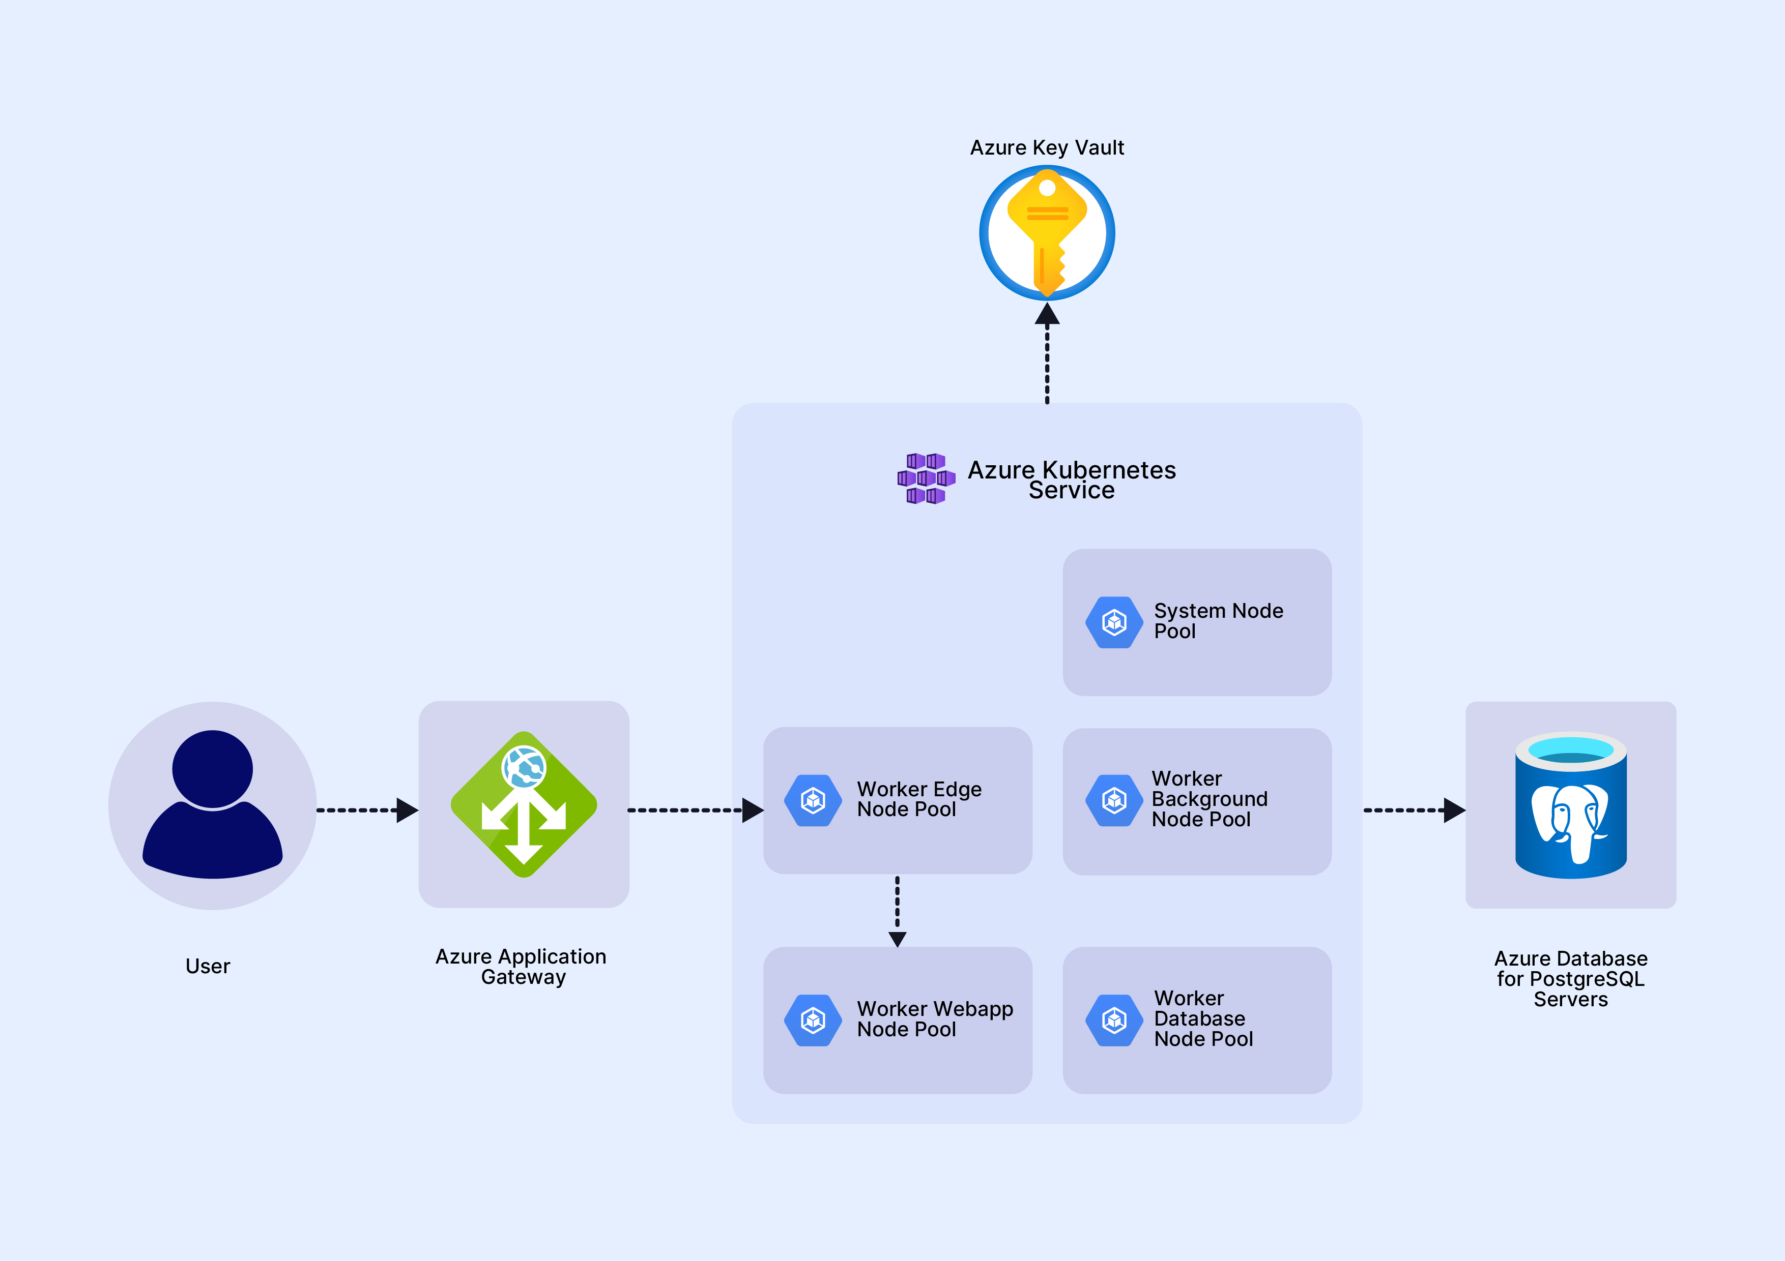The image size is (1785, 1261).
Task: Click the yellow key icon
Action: pos(1047,233)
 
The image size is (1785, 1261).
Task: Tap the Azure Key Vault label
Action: pos(1047,147)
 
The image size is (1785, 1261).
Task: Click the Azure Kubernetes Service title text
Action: pos(1071,479)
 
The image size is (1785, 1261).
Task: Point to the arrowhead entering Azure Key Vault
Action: pos(1047,314)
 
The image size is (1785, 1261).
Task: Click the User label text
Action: pos(208,966)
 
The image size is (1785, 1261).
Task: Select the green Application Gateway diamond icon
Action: pos(523,804)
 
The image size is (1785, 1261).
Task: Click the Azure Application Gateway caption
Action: pos(521,967)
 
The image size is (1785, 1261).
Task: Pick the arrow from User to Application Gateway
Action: pos(366,809)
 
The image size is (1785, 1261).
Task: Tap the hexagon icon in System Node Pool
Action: pos(1114,621)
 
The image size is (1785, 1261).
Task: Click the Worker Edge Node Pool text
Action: pos(919,799)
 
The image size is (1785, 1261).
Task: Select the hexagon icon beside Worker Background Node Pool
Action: pos(1114,799)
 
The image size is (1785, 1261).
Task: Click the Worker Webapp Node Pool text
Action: pos(935,1018)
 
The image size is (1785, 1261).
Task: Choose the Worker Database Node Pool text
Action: pos(1203,1018)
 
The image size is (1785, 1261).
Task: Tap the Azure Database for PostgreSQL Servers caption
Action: pos(1570,978)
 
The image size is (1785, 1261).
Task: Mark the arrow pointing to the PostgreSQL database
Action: pos(1414,809)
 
